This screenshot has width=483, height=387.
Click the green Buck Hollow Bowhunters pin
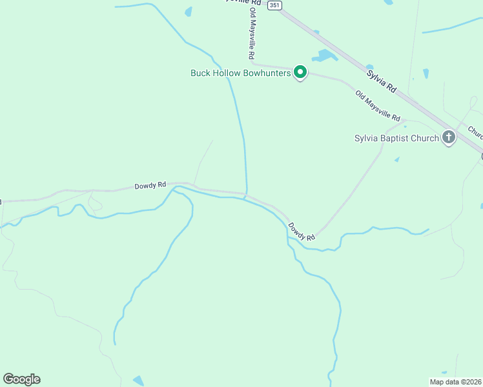(300, 72)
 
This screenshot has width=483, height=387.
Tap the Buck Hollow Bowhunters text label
(241, 73)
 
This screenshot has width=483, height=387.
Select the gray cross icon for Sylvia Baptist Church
(449, 137)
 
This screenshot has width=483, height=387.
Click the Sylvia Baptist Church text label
(396, 138)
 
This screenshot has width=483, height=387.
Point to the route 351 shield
(275, 5)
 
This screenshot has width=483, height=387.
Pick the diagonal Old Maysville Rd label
(378, 106)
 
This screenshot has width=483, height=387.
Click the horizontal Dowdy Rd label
(150, 186)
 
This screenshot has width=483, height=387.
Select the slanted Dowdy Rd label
(301, 232)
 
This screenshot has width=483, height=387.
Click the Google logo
(21, 379)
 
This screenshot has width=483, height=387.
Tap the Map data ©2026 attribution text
(455, 382)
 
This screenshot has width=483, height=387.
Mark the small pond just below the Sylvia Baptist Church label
(396, 159)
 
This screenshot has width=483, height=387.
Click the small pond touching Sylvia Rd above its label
(369, 66)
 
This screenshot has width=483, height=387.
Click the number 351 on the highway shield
(275, 5)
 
